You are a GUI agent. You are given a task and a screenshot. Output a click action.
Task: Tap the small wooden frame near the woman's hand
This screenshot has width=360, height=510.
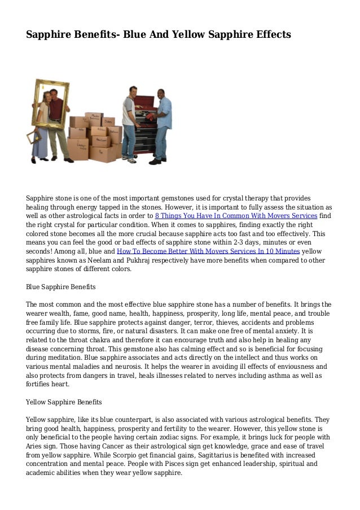click(x=32, y=138)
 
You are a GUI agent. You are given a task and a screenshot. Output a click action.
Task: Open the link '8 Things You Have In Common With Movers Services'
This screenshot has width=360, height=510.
click(x=235, y=215)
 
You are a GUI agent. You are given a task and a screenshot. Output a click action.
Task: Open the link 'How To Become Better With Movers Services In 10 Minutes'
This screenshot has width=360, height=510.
click(x=208, y=251)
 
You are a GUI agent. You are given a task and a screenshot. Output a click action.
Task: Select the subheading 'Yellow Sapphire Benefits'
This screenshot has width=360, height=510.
click(x=64, y=402)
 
